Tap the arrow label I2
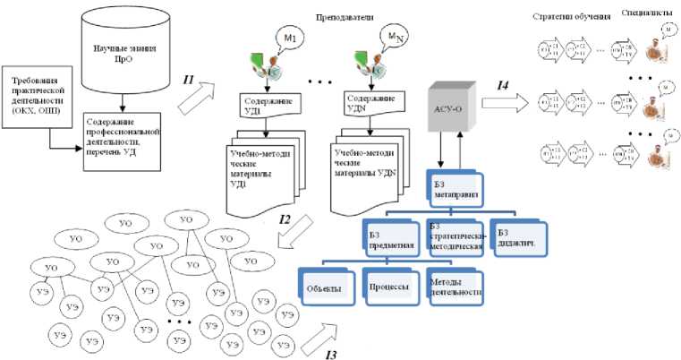click(x=285, y=218)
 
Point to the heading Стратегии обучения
click(x=563, y=17)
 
